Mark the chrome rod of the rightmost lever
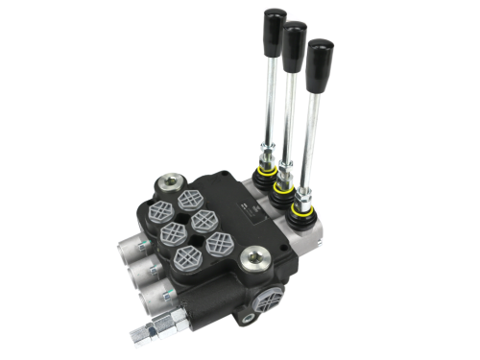click(x=314, y=125)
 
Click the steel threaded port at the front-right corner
click(x=254, y=258)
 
